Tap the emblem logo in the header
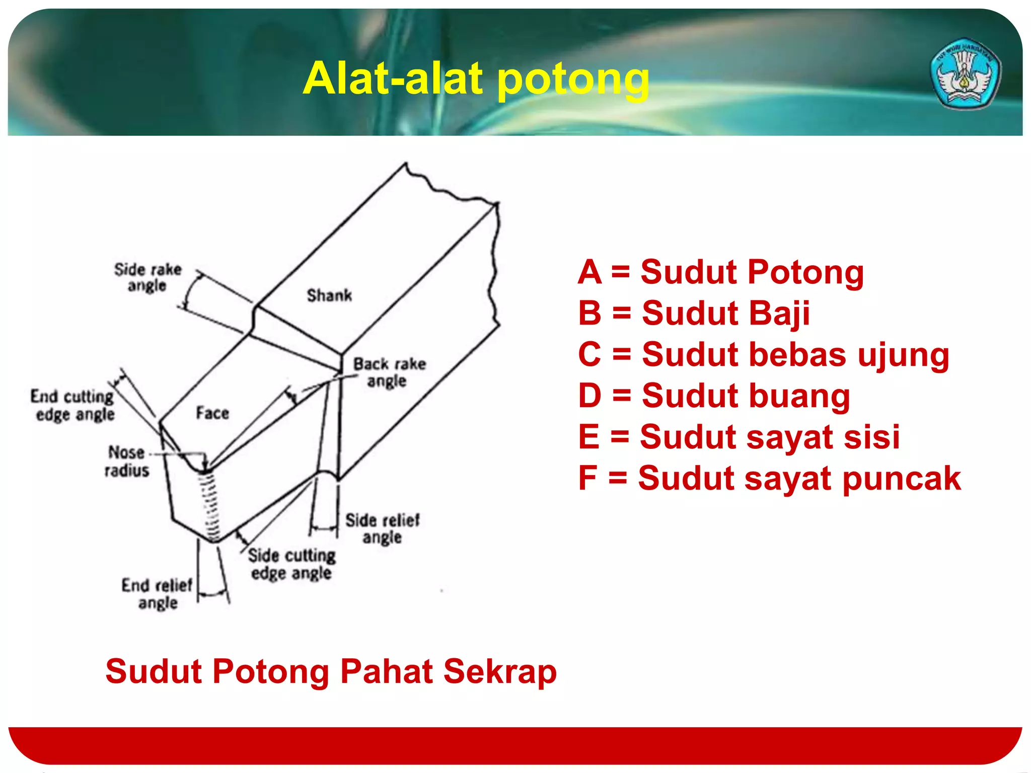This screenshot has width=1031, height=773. (965, 73)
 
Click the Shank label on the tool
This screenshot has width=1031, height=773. (329, 295)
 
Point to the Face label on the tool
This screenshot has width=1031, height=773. (212, 413)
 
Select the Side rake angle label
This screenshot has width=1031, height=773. (147, 277)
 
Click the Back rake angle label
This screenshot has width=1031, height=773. (389, 372)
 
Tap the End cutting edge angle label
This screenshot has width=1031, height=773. (73, 406)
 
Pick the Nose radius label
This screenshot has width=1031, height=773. (127, 461)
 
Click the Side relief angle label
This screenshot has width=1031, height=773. (382, 528)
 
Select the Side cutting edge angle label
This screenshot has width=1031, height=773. (291, 564)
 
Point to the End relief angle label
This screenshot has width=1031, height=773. (157, 594)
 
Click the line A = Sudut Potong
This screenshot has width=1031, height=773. (720, 272)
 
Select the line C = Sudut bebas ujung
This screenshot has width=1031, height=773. (763, 354)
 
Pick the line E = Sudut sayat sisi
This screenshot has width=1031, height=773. (739, 437)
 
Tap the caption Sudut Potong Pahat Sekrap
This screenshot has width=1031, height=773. (331, 671)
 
